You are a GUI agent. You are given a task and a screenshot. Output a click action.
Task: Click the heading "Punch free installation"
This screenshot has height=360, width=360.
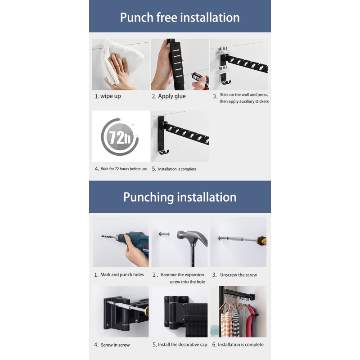pyautogui.click(x=180, y=18)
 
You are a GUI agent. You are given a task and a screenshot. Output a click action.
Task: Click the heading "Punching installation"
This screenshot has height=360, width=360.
pyautogui.click(x=180, y=197)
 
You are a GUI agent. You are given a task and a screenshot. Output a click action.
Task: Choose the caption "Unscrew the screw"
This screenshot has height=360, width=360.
pyautogui.click(x=238, y=275)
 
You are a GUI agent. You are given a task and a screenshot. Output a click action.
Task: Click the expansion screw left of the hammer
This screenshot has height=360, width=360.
pyautogui.click(x=165, y=234)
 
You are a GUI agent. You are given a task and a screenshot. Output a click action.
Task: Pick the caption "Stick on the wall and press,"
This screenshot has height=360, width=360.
pyautogui.click(x=244, y=95)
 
